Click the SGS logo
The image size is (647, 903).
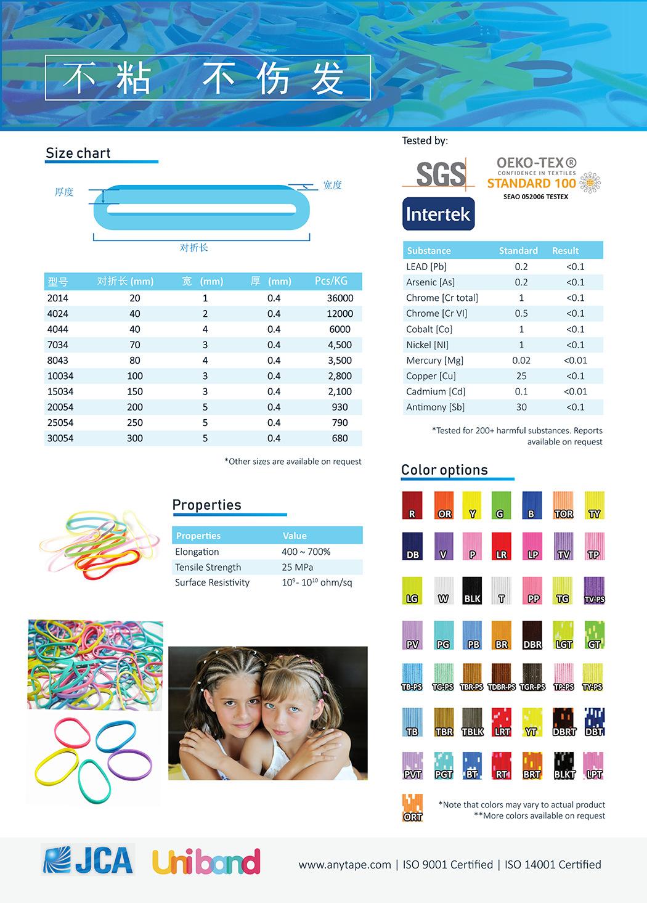439,173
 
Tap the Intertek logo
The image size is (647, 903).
438,214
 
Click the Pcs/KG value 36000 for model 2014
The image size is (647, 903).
340,298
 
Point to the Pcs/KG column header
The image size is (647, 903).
331,281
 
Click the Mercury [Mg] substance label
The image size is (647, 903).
434,361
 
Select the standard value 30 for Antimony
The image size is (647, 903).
521,407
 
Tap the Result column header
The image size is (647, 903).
565,251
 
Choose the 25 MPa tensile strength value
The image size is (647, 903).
297,567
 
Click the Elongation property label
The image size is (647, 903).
197,552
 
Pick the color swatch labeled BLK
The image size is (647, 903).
472,590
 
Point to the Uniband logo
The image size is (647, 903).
206,862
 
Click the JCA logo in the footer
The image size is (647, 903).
88,860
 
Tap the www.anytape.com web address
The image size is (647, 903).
344,865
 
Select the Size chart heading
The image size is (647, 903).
78,153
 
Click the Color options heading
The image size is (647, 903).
444,470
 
